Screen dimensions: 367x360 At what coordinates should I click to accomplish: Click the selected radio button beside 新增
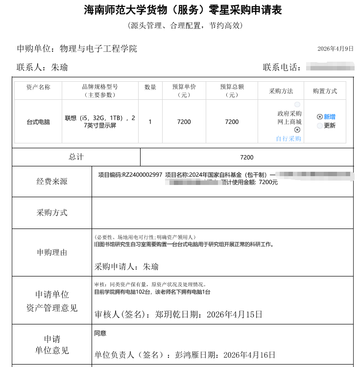320,117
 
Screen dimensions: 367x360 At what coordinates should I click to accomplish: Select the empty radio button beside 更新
320,126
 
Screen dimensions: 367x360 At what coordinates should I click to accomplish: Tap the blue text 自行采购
288,138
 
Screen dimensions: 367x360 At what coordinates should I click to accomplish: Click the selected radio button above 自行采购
297,130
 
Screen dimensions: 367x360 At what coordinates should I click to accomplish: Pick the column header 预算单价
184,87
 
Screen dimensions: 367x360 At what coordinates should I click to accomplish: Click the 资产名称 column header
38,87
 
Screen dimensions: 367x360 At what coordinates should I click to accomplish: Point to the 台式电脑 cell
38,122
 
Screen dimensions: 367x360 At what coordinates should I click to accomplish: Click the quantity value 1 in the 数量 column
150,122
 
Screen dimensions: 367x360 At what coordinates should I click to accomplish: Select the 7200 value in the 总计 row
247,157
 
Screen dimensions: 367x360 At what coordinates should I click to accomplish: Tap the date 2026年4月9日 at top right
335,48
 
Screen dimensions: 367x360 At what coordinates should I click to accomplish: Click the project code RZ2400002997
142,175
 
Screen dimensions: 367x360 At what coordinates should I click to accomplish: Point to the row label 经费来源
52,182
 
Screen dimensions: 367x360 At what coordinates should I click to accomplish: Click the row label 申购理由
52,252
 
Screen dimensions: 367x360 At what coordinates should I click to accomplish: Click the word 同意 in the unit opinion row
100,333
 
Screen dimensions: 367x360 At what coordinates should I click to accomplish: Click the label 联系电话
282,68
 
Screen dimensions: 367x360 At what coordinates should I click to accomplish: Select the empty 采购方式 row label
52,213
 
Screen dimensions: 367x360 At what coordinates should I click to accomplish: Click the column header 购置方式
325,91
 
